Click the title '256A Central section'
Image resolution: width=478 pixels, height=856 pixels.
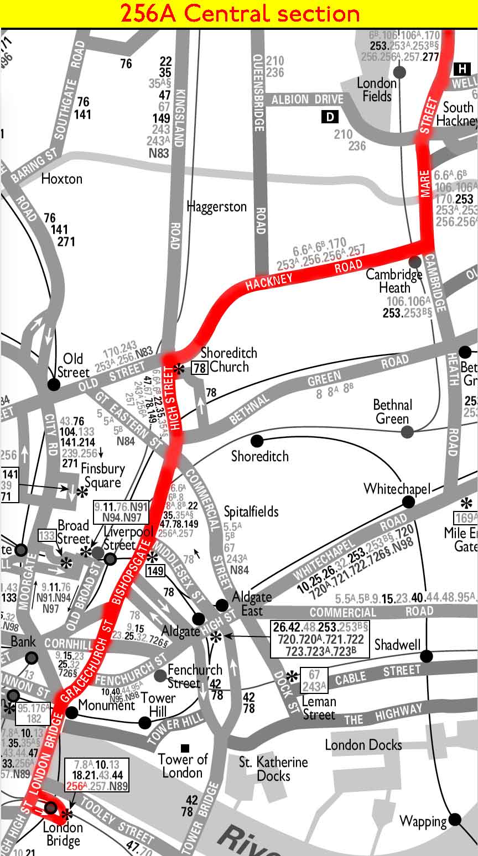point(240,14)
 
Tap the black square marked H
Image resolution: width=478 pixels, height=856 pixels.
point(461,69)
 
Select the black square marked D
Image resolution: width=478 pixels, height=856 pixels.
point(330,117)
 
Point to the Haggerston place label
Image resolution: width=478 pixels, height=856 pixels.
point(217,207)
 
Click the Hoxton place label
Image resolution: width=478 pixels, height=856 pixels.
point(62,179)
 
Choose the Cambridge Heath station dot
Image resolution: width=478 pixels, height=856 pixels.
point(414,261)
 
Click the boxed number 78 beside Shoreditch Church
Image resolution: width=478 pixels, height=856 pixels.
point(199,367)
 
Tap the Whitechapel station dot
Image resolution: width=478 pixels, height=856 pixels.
point(408,502)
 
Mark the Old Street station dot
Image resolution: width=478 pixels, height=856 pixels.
point(54,384)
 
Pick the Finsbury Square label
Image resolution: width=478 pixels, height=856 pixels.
point(102,476)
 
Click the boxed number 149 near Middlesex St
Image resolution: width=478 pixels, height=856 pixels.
point(155,570)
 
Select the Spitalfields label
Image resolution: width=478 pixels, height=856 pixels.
point(251,511)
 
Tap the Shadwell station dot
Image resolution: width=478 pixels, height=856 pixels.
point(426,656)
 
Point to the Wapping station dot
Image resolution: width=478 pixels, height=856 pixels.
point(455,819)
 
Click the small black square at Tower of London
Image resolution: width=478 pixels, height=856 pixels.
point(185,748)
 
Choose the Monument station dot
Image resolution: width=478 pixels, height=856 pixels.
point(72,712)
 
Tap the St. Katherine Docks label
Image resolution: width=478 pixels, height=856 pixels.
point(273,769)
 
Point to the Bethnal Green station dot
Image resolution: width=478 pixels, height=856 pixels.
point(407,432)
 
